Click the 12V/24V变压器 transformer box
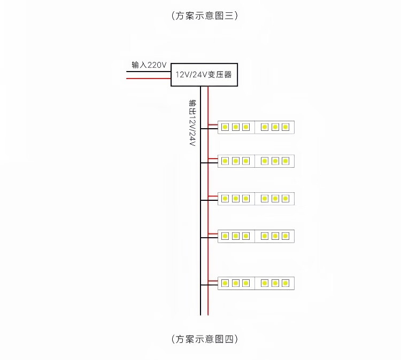pos(204,75)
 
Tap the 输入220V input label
pos(149,65)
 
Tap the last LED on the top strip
pos(286,127)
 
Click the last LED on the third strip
pos(286,199)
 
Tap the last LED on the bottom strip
pos(286,283)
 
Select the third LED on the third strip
pos(246,199)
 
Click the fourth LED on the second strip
pos(265,161)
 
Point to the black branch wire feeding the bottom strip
pos(210,285)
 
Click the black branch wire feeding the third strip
pos(210,201)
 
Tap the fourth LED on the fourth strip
pos(265,236)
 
